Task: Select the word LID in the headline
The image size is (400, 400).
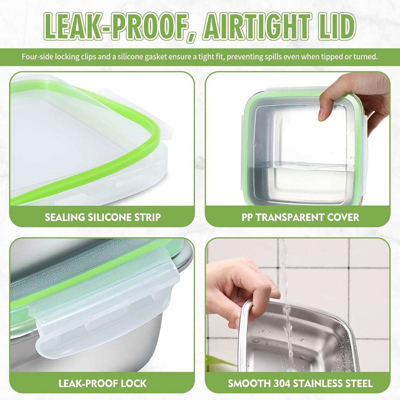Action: point(334,26)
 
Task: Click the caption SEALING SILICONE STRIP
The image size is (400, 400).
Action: point(103,217)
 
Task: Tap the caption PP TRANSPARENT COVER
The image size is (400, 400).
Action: point(300,217)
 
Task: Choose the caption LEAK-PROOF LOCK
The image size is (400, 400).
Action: point(103,383)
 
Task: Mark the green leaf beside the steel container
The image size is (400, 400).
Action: point(219,361)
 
